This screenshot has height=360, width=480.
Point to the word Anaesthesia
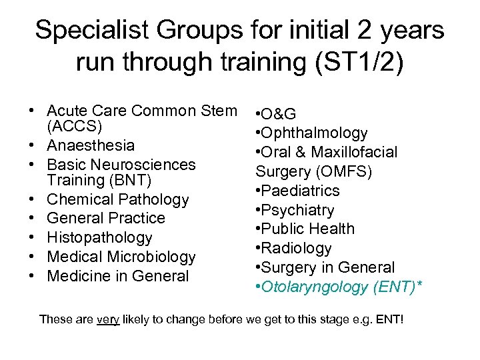click(x=91, y=145)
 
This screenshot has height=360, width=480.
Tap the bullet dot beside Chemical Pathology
click(x=31, y=199)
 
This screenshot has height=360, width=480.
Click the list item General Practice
click(x=106, y=218)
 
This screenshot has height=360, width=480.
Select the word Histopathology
click(x=100, y=237)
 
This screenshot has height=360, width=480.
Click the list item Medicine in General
click(x=118, y=276)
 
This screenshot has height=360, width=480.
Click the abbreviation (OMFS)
click(x=345, y=171)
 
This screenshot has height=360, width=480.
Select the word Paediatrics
click(x=301, y=191)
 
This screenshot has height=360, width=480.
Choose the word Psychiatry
click(x=298, y=210)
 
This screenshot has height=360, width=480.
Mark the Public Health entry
click(x=307, y=229)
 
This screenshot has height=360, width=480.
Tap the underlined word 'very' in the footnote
click(x=108, y=319)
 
